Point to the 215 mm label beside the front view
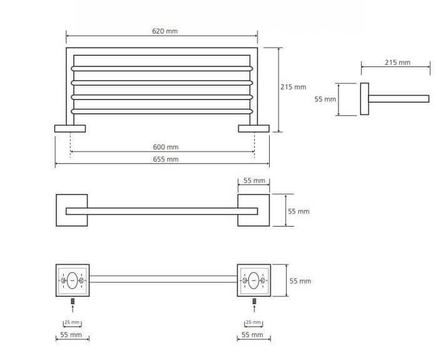(294, 87)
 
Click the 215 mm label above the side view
(397, 62)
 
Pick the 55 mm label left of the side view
(325, 99)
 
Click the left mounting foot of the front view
(70, 128)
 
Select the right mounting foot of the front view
(253, 128)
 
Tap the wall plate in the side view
(364, 99)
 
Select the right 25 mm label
(253, 322)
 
